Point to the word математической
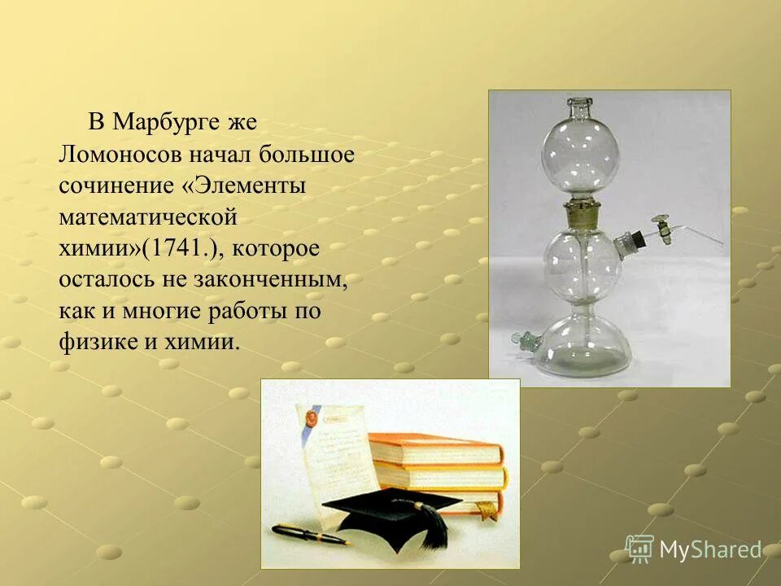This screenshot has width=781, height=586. [147, 217]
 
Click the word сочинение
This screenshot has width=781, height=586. [116, 186]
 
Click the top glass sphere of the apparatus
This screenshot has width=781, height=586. [580, 151]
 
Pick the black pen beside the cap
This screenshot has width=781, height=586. [309, 534]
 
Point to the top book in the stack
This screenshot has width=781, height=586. [434, 447]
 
